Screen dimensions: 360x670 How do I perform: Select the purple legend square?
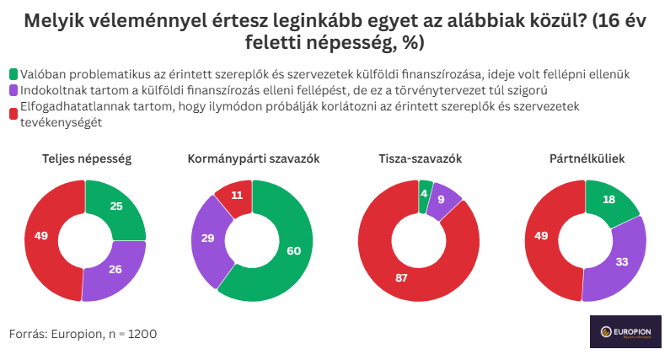13,90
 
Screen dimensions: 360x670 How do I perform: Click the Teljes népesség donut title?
86,159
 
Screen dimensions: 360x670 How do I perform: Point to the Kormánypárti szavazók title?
253,159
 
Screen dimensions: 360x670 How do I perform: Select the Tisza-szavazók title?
420,159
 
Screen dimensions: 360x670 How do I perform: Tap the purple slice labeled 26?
115,269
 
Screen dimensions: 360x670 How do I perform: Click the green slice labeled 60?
293,250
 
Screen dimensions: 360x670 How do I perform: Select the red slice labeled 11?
237,195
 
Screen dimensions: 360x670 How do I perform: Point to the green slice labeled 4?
425,192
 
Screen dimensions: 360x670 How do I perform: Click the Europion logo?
625,333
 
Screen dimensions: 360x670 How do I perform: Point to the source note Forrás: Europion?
83,334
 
